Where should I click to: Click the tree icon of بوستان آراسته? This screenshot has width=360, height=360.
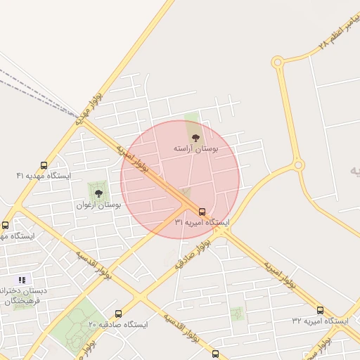(195, 137)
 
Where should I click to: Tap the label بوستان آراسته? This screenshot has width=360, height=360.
(196, 150)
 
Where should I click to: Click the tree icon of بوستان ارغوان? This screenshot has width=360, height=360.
(98, 192)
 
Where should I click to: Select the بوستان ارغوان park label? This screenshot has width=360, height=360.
(99, 205)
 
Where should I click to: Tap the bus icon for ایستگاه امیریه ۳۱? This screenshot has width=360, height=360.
(202, 212)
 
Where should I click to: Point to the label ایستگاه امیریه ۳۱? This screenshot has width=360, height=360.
(202, 222)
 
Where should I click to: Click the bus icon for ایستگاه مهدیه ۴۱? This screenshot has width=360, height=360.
(44, 166)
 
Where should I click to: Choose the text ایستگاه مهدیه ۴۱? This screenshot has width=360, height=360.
(44, 176)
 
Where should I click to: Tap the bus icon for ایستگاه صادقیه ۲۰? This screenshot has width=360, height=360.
(118, 314)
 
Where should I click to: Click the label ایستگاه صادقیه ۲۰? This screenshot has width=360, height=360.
(118, 324)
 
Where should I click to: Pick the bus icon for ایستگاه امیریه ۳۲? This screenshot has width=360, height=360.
(321, 310)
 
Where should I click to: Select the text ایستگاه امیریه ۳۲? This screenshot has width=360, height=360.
(321, 321)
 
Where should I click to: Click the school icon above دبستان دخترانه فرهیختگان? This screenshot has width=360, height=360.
(21, 279)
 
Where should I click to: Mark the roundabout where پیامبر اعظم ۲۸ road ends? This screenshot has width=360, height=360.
(277, 63)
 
